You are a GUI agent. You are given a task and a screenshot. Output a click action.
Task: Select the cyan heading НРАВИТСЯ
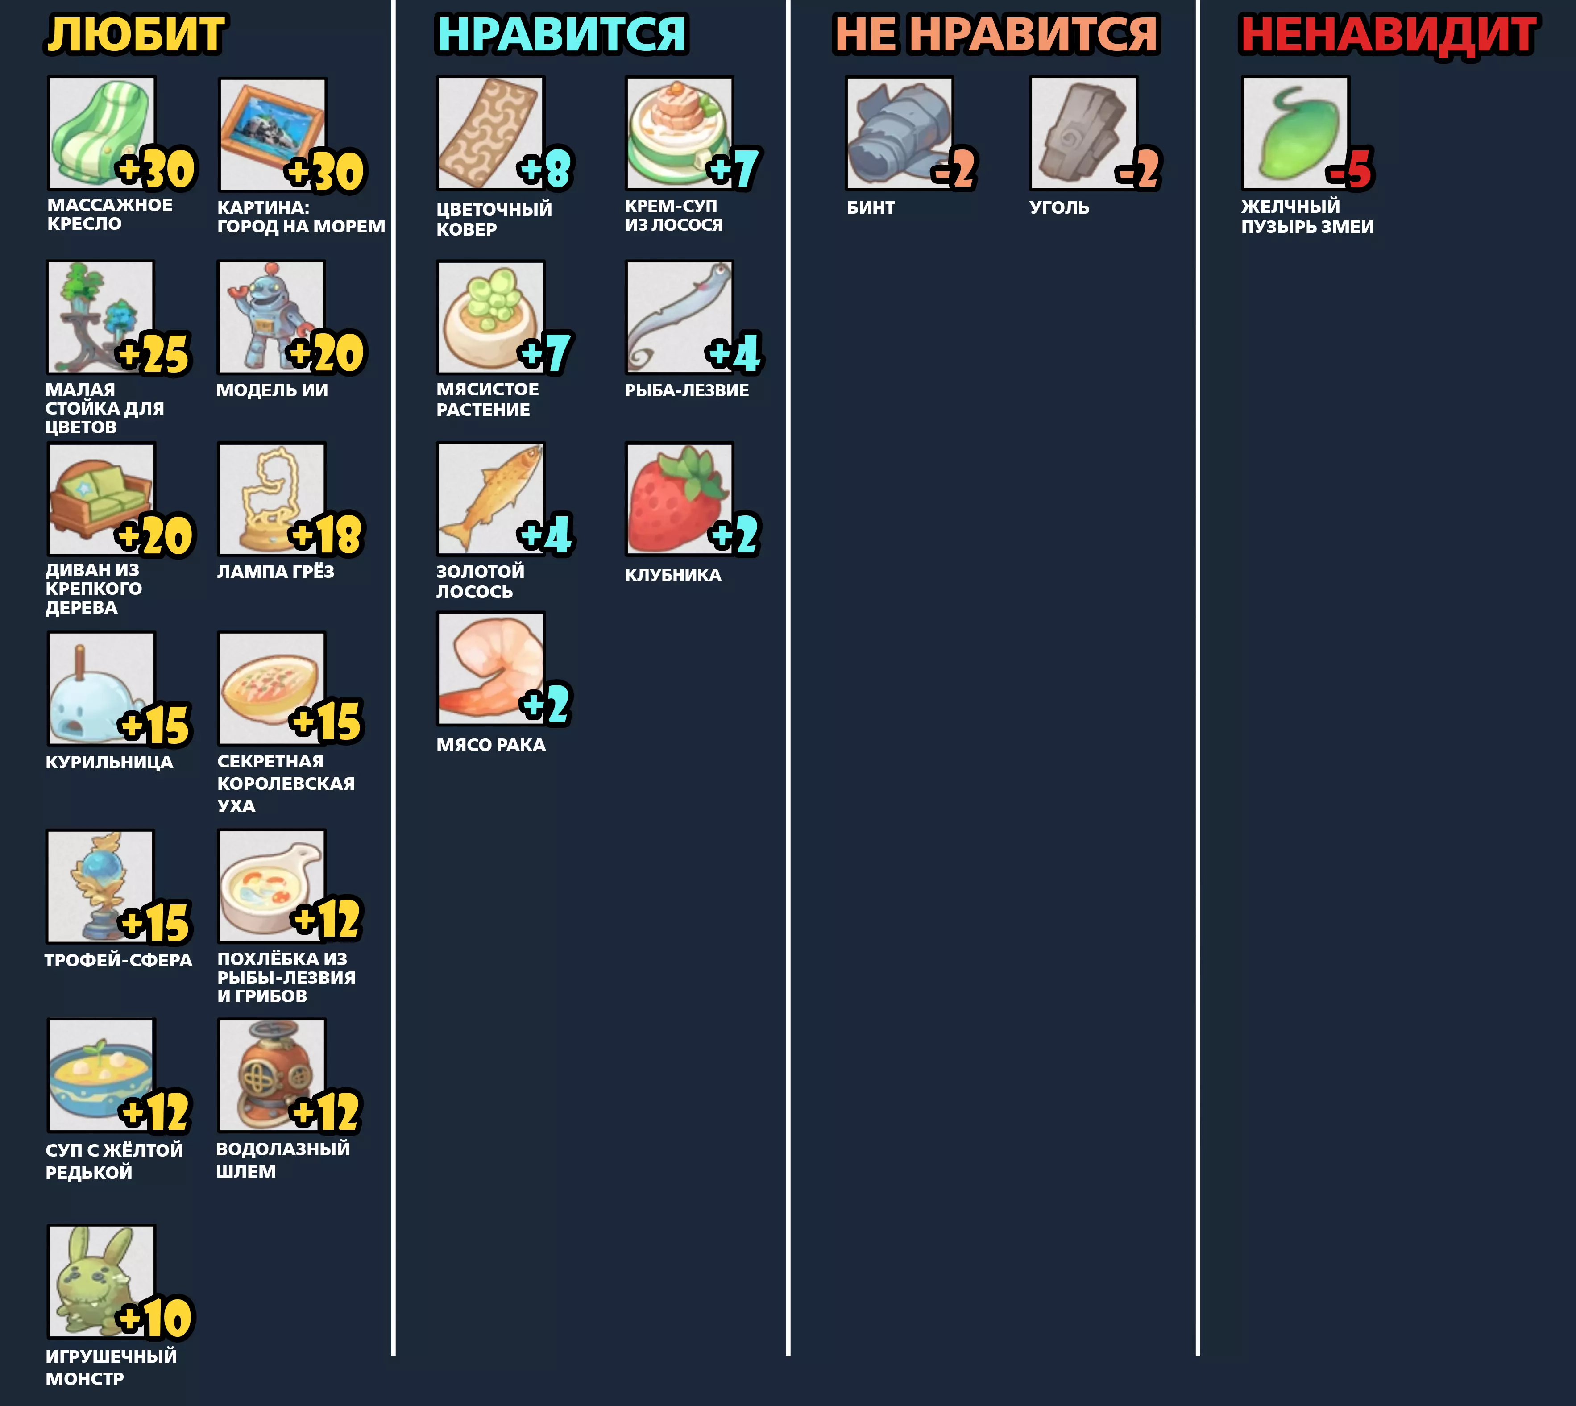pyautogui.click(x=562, y=35)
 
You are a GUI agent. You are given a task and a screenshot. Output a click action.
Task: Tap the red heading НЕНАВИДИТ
pyautogui.click(x=1389, y=35)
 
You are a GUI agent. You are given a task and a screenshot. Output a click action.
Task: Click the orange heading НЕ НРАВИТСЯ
pyautogui.click(x=996, y=35)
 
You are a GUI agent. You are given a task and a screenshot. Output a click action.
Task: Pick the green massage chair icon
pyautogui.click(x=101, y=133)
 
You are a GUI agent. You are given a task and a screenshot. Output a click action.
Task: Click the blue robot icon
pyautogui.click(x=271, y=317)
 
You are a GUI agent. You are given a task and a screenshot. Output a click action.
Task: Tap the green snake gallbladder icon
pyautogui.click(x=1296, y=133)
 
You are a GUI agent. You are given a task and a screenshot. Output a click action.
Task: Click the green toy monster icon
pyautogui.click(x=101, y=1282)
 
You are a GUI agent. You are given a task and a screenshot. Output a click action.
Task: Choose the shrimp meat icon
pyautogui.click(x=490, y=669)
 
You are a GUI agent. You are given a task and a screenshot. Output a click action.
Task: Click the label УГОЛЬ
pyautogui.click(x=1059, y=208)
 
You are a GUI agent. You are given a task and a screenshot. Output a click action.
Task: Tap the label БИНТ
pyautogui.click(x=871, y=208)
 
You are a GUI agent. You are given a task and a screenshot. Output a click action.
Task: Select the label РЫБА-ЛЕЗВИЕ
pyautogui.click(x=687, y=391)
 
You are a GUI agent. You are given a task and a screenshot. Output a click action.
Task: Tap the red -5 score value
pyautogui.click(x=1350, y=169)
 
